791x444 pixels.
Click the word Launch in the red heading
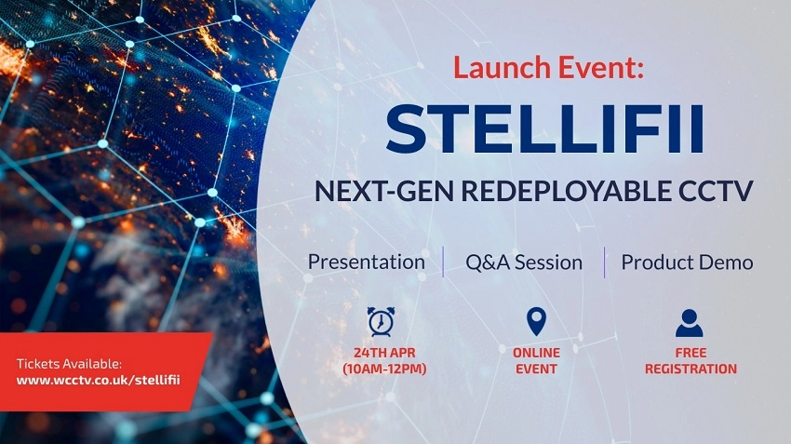coord(502,67)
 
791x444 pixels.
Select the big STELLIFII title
coord(544,128)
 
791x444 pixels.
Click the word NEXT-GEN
coord(383,191)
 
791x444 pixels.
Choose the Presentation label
coord(367,262)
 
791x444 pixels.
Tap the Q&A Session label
coord(524,262)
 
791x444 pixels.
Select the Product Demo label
coord(687,262)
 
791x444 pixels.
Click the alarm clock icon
coord(381,321)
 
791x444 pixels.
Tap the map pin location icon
coord(536,321)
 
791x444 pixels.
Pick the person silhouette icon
coord(689,323)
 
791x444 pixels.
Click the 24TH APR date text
coord(384,353)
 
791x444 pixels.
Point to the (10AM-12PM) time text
coord(384,369)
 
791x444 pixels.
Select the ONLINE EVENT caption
coord(536,361)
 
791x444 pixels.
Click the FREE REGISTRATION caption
coord(690,361)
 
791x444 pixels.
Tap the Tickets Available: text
coord(69,364)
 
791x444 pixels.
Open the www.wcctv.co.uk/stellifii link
coord(98,380)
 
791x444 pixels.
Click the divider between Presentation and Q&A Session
coord(443,262)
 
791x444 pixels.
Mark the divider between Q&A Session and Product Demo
coord(604,262)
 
